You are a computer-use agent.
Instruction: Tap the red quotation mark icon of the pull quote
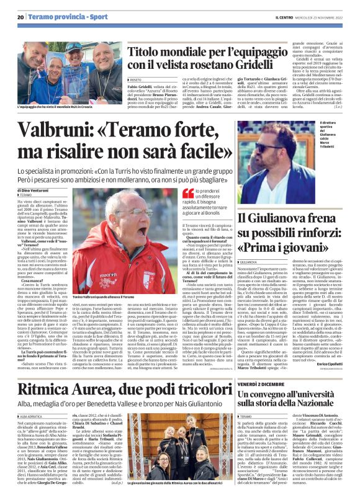tap(187, 194)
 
